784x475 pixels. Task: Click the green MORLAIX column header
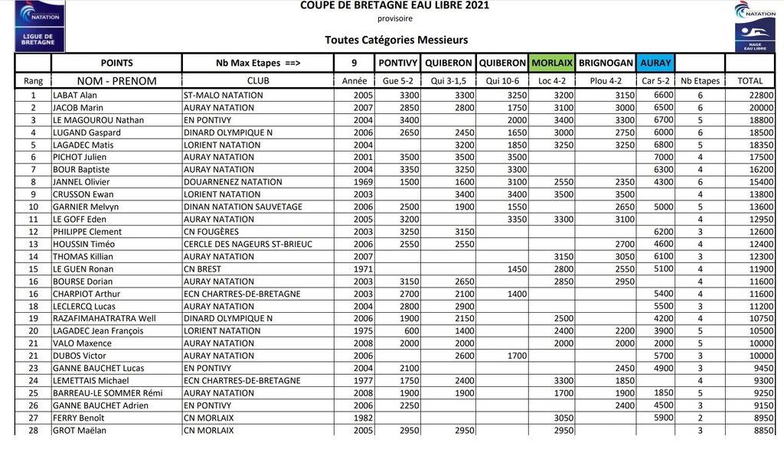point(552,63)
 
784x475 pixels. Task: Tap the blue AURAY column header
point(655,63)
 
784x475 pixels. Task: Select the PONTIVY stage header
point(398,63)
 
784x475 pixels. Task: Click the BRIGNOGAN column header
point(606,63)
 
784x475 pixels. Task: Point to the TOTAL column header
point(750,80)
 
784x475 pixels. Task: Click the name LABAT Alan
point(74,96)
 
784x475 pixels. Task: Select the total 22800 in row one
point(761,96)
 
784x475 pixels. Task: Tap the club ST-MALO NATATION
point(224,96)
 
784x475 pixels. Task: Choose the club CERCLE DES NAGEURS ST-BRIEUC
point(248,244)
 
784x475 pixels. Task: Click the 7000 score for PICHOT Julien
point(661,158)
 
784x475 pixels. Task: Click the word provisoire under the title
point(395,19)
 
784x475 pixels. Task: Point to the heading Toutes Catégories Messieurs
point(396,41)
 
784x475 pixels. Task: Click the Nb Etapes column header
point(701,80)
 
